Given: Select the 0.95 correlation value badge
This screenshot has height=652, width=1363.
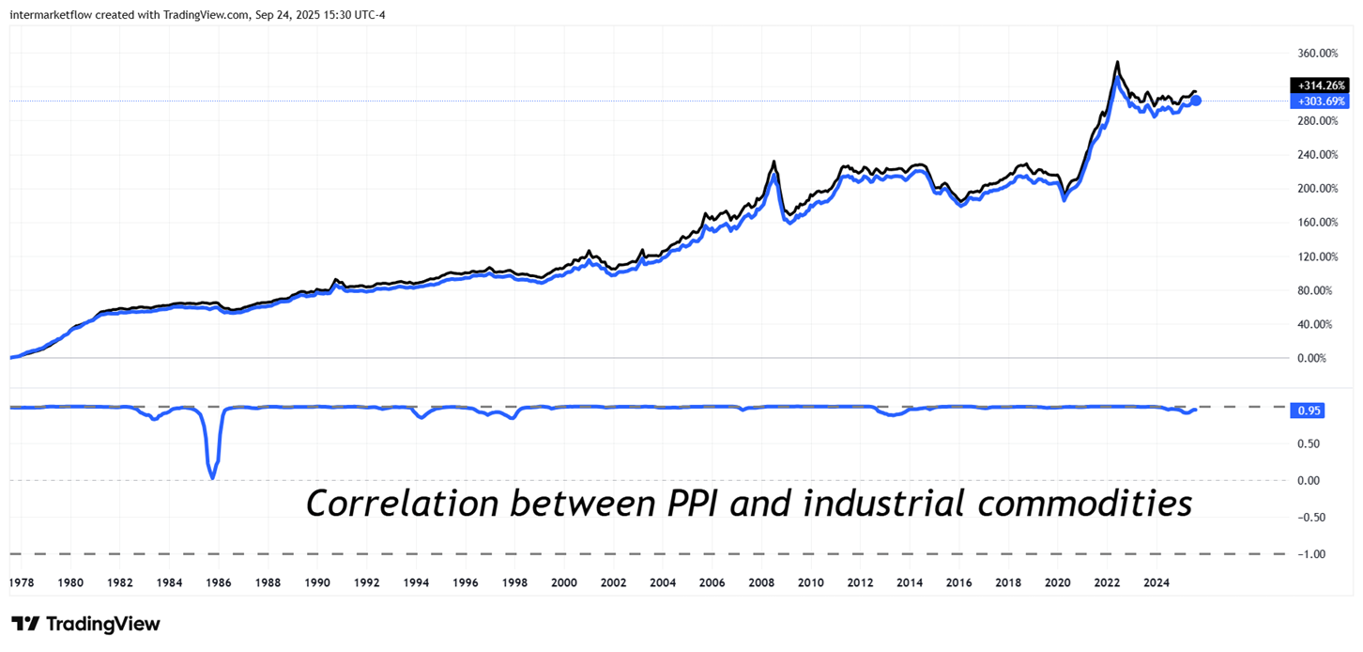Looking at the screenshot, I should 1309,411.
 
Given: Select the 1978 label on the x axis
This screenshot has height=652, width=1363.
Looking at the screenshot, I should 22,582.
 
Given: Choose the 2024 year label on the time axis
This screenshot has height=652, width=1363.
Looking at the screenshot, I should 1156,582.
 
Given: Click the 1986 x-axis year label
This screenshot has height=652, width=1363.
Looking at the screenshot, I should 218,582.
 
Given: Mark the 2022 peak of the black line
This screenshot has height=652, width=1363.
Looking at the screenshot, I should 1116,63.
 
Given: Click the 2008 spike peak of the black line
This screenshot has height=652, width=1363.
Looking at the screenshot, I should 773,162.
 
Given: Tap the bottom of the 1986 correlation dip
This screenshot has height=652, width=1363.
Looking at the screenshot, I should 212,478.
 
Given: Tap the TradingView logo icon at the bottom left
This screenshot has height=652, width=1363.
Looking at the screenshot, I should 24,625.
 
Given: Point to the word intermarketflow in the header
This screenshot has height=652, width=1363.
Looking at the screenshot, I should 54,13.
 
